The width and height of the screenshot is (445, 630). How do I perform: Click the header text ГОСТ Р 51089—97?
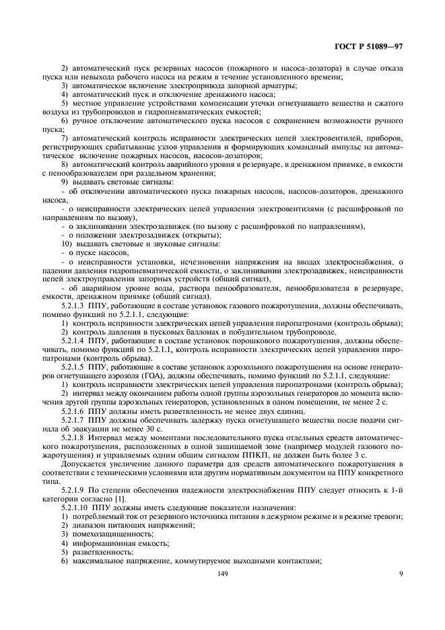click(373, 48)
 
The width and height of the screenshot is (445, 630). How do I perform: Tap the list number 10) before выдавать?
click(66, 244)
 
